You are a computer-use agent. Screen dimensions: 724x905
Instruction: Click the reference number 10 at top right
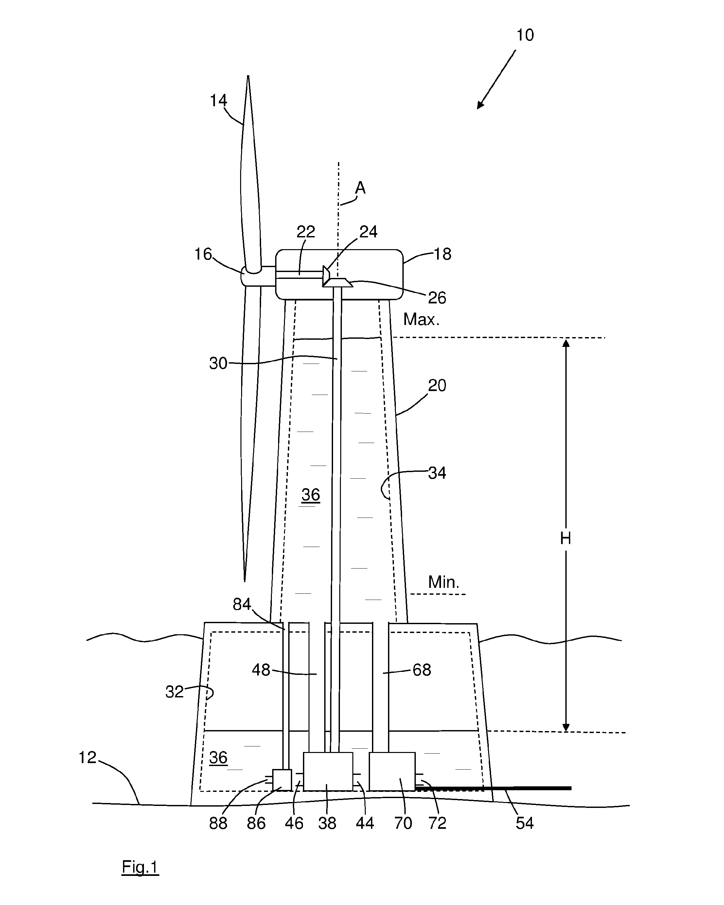(x=525, y=35)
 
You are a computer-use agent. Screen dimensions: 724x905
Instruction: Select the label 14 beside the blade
(x=218, y=101)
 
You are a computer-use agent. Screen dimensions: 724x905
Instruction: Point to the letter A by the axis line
(x=360, y=188)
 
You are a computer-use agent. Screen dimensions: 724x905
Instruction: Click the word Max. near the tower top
(x=421, y=319)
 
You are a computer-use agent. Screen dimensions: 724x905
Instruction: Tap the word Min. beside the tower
(x=444, y=582)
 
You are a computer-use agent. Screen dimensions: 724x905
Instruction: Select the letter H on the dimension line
(x=566, y=538)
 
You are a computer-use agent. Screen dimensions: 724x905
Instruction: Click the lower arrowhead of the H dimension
(x=566, y=727)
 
